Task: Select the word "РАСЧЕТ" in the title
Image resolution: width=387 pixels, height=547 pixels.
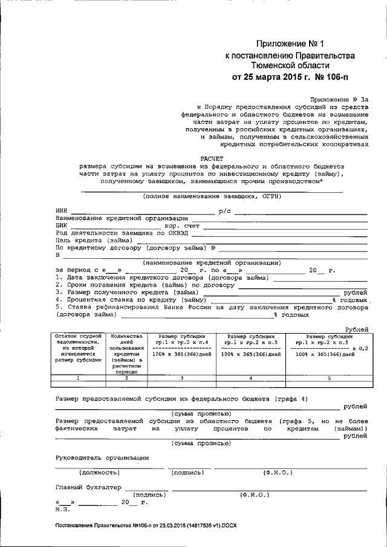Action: click(x=211, y=156)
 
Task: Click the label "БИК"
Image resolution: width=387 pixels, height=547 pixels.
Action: click(x=62, y=225)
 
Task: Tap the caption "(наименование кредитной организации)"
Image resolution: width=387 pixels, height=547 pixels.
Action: click(x=211, y=262)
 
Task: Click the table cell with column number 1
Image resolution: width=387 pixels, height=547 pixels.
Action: click(x=77, y=378)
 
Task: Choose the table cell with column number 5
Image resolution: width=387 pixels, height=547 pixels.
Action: click(x=329, y=378)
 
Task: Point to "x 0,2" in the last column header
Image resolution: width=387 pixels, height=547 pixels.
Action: click(x=359, y=348)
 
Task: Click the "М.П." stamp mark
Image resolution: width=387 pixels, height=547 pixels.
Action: click(x=62, y=509)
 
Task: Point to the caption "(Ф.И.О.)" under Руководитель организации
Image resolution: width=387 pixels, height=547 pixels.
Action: click(x=278, y=472)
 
